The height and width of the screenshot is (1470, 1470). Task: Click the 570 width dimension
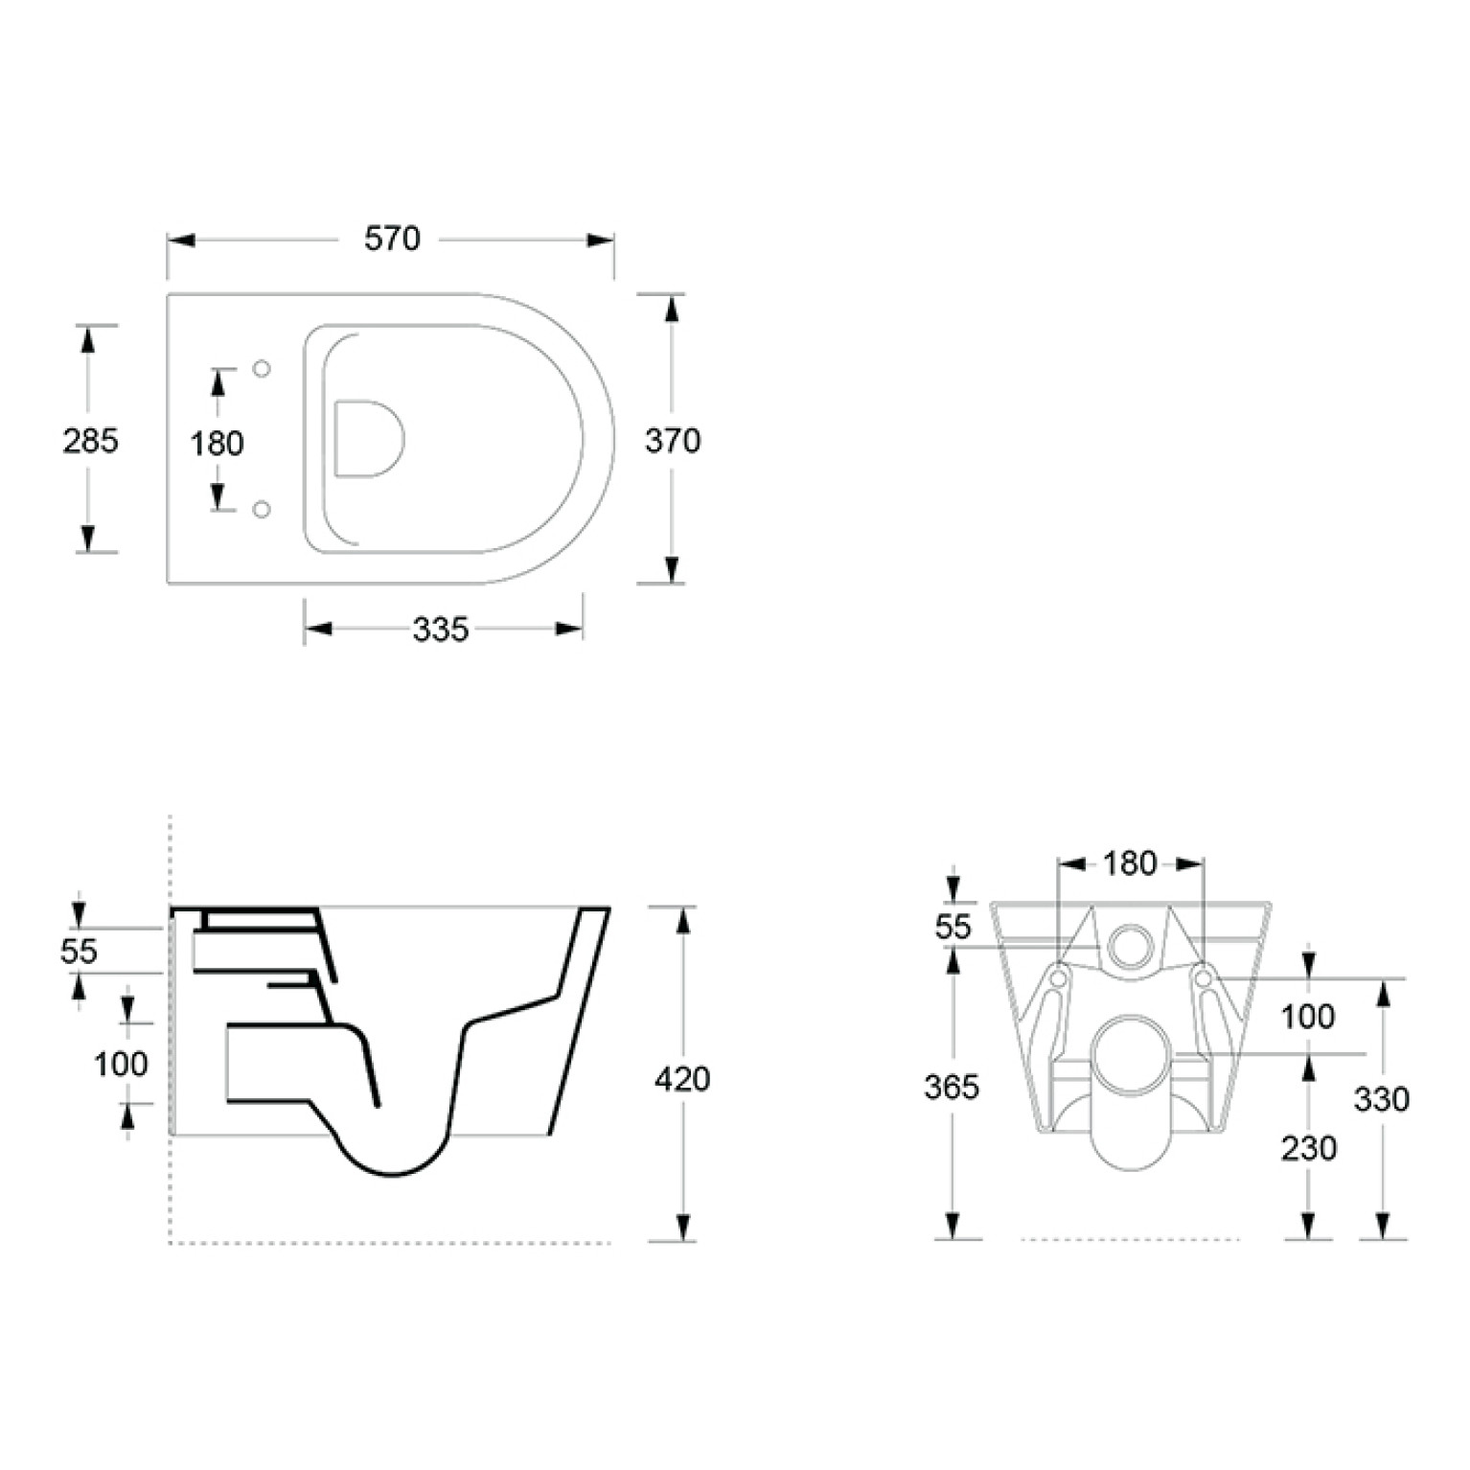pyautogui.click(x=392, y=239)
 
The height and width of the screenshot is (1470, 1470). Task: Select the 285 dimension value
pyautogui.click(x=90, y=441)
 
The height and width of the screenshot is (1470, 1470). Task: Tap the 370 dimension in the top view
pyautogui.click(x=673, y=441)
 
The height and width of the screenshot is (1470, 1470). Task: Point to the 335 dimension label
pyautogui.click(x=441, y=630)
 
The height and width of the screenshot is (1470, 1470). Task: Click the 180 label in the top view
pyautogui.click(x=217, y=444)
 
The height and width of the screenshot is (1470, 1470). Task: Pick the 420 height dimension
pyautogui.click(x=682, y=1079)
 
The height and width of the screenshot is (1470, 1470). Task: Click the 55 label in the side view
pyautogui.click(x=79, y=952)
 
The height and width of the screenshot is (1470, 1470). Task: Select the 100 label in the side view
pyautogui.click(x=121, y=1064)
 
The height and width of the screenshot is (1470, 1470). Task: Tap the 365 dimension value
pyautogui.click(x=952, y=1087)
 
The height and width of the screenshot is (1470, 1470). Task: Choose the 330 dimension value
pyautogui.click(x=1382, y=1099)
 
